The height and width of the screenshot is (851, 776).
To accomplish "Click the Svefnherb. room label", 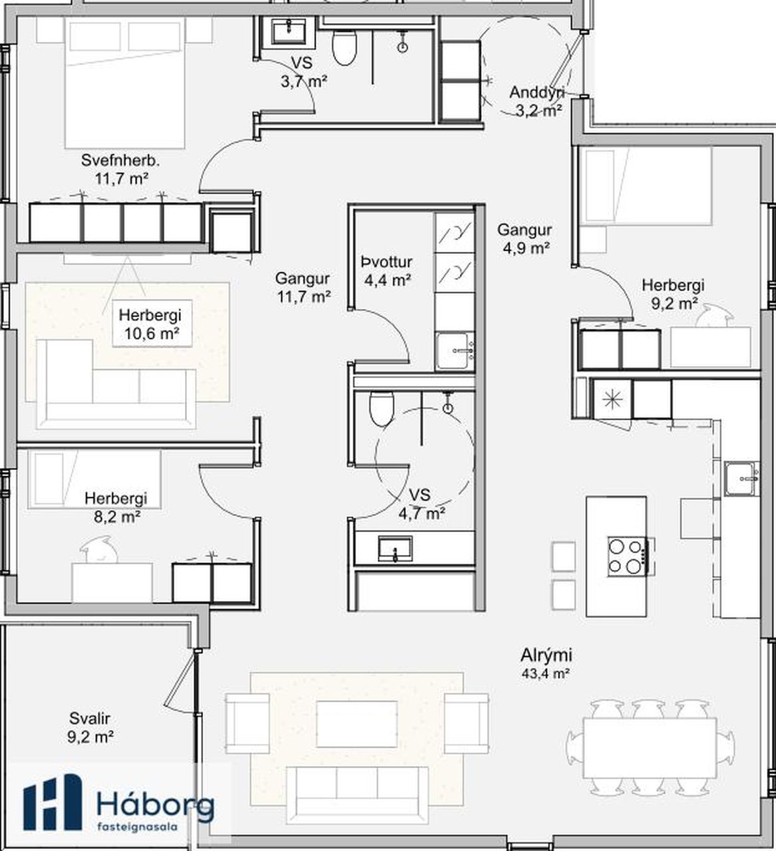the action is [x=120, y=161].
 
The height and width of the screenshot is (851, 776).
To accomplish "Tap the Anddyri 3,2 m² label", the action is [x=538, y=101].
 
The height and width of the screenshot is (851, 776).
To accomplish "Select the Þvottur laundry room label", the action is [x=387, y=262].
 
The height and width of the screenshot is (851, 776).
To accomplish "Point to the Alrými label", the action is [x=546, y=655].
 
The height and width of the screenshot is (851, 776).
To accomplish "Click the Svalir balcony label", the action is [x=90, y=718].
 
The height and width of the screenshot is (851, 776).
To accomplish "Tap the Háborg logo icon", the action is [x=52, y=802].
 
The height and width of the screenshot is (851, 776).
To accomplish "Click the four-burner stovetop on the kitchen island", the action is [x=628, y=556].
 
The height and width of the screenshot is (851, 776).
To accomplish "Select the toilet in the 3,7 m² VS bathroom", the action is [x=345, y=48].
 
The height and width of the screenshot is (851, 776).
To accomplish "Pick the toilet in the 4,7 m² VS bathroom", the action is [x=382, y=408].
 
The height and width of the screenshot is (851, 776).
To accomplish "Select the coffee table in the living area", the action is [x=357, y=724].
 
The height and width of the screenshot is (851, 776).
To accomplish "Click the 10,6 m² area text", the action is [x=152, y=334].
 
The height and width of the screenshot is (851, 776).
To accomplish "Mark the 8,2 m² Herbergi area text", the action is [x=117, y=517].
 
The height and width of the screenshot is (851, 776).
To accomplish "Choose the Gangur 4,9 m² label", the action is [x=525, y=239].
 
